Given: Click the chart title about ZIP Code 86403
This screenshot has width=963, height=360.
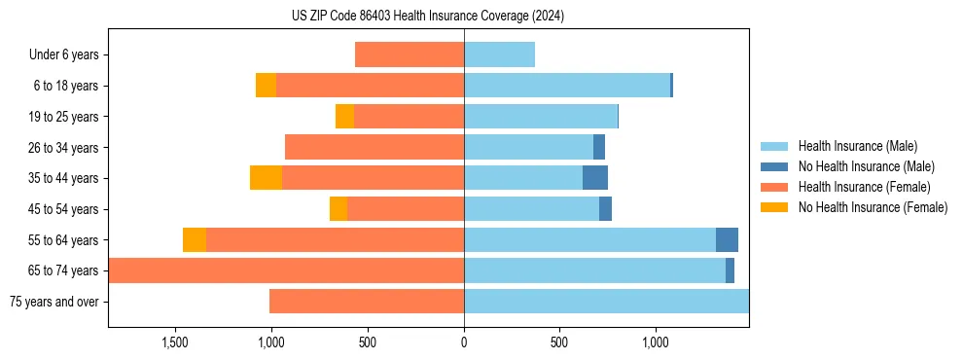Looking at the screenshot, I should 428,17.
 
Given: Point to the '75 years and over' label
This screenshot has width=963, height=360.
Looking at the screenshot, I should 53,302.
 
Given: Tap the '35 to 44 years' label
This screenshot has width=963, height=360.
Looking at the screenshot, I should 63,178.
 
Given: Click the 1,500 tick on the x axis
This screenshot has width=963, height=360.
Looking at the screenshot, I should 175,342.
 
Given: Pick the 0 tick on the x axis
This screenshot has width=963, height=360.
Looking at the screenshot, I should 464,342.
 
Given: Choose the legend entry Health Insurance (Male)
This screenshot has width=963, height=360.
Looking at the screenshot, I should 857,146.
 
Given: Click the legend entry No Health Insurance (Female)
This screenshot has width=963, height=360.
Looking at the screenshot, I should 873,207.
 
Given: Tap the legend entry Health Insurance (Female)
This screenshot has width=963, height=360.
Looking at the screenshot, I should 864,187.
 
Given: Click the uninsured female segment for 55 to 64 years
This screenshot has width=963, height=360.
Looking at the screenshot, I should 195,240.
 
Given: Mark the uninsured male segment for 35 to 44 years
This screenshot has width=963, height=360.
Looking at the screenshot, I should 595,178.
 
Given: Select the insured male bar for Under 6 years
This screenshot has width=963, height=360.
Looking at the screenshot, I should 499,55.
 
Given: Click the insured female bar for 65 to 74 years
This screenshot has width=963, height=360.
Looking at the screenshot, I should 287,270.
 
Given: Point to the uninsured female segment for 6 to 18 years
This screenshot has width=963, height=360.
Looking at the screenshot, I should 266,86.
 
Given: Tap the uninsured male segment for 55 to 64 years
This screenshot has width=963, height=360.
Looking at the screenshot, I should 727,240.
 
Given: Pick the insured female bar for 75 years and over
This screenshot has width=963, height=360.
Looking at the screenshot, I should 367,302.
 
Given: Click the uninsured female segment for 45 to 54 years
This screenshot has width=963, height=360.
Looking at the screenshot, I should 339,209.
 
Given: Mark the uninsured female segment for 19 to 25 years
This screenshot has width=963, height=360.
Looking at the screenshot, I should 344,117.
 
